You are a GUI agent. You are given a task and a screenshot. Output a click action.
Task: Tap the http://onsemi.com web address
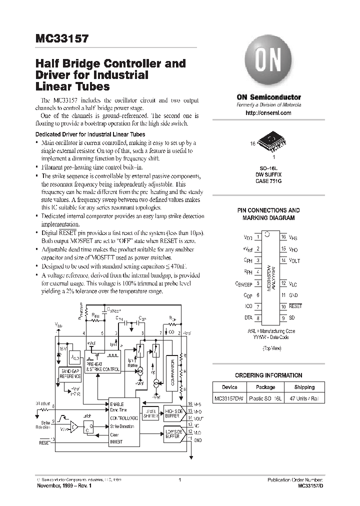[268, 113]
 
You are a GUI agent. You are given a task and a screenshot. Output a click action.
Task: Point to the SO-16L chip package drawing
[272, 141]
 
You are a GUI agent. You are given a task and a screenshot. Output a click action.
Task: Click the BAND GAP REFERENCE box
[71, 373]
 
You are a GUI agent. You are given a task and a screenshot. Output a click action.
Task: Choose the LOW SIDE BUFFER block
[173, 433]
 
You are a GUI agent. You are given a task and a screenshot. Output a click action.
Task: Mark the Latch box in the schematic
[88, 426]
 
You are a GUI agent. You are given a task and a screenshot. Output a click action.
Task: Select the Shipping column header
[304, 387]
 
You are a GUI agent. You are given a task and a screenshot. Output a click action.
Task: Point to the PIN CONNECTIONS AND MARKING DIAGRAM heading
[268, 214]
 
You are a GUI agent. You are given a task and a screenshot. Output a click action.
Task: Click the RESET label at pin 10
[296, 306]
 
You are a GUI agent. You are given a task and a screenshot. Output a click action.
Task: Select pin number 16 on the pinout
[283, 236]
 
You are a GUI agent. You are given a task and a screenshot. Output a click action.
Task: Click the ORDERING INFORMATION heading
[268, 375]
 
